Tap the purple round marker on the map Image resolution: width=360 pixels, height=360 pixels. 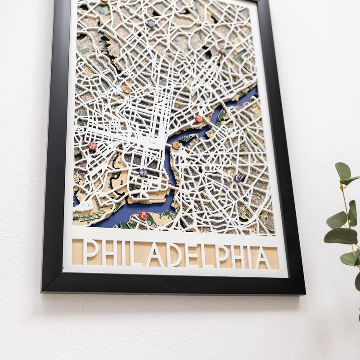click(x=151, y=24)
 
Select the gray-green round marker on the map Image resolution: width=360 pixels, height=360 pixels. click(x=223, y=51)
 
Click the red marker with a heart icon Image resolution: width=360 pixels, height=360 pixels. click(x=199, y=119)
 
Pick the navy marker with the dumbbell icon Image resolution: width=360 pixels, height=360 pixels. click(x=143, y=172)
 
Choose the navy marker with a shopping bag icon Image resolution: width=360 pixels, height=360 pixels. click(x=237, y=178)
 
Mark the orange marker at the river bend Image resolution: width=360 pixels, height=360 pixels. click(x=176, y=145)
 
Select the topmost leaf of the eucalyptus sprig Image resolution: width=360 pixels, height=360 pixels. click(x=343, y=171)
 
